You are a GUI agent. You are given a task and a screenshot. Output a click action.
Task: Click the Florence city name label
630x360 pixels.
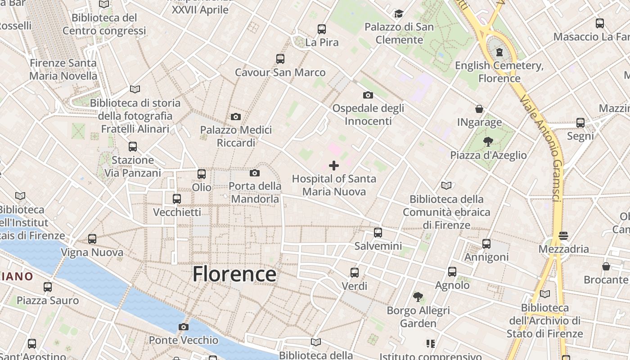coord(234,274)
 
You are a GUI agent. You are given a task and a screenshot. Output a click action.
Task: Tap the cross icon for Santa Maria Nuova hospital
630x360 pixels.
coord(334,166)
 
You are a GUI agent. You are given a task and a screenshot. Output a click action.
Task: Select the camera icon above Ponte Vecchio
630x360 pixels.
coord(184,327)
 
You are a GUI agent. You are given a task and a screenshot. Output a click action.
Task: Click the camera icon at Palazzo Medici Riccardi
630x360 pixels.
coord(235,117)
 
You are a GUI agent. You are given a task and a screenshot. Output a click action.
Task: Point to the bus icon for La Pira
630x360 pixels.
coord(322,29)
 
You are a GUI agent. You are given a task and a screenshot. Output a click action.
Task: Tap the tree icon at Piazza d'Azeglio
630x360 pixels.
coord(488,142)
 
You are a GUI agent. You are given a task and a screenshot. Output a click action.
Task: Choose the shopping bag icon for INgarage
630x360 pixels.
coord(479,109)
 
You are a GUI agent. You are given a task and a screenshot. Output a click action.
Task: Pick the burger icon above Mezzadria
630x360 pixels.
coord(563,235)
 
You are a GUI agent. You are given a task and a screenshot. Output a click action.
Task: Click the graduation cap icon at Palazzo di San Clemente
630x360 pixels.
coord(399,13)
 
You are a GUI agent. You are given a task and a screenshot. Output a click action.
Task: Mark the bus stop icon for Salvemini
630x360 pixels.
coord(378,233)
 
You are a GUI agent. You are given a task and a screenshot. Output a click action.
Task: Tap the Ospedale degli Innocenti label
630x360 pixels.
coord(368,114)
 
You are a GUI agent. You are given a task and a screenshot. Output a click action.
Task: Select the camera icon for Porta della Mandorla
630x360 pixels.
coord(255,173)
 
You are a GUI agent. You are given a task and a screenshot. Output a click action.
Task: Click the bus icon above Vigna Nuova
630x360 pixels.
coord(92,239)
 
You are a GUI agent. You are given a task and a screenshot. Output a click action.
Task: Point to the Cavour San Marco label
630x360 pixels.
coord(280,72)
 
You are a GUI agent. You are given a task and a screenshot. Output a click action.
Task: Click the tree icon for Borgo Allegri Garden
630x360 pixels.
coord(418,297)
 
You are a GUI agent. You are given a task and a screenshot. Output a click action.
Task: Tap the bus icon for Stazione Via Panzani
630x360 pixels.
coord(133,147)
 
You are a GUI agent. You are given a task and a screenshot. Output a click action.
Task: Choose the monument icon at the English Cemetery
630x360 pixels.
coord(499,52)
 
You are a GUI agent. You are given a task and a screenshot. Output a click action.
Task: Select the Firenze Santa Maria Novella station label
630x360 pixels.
coord(63,69)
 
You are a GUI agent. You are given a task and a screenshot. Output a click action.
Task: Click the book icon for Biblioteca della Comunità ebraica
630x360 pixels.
coord(446,185)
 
